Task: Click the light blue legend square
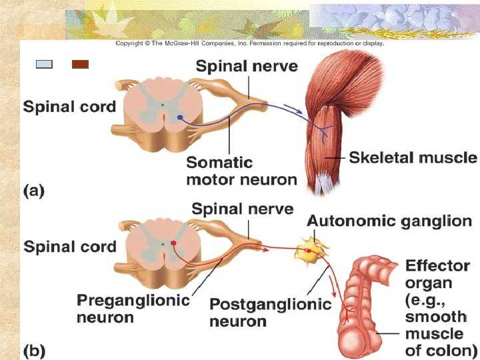tap(44, 64)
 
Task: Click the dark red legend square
tap(80, 64)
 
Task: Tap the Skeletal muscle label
tap(413, 158)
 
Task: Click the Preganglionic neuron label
tap(133, 308)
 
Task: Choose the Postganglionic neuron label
tap(270, 313)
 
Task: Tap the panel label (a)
tap(35, 191)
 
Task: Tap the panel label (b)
tap(35, 349)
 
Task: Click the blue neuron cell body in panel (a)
tap(180, 118)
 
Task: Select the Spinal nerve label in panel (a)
tap(247, 66)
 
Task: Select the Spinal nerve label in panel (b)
tap(242, 209)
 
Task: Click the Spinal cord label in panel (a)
tap(69, 106)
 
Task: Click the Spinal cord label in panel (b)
tap(70, 246)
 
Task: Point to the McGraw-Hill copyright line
tap(249, 44)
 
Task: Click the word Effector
tap(437, 265)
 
